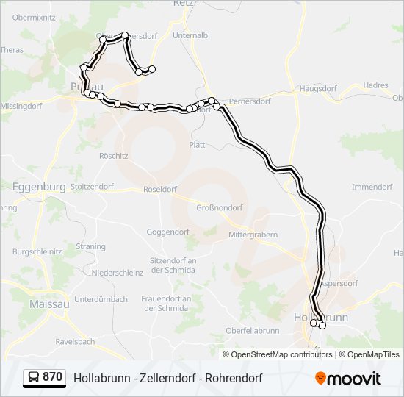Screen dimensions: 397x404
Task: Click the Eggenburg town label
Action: pyautogui.click(x=39, y=187)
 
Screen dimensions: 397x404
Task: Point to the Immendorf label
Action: pyautogui.click(x=372, y=187)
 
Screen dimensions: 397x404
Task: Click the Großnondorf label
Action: pyautogui.click(x=219, y=207)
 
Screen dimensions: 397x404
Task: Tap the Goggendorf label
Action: pyautogui.click(x=167, y=232)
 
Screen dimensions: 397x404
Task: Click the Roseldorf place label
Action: pyautogui.click(x=160, y=189)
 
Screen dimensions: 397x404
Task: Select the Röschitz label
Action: pyautogui.click(x=113, y=156)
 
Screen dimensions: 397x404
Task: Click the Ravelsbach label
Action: pyautogui.click(x=76, y=342)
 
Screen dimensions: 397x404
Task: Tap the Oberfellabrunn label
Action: pyautogui.click(x=252, y=331)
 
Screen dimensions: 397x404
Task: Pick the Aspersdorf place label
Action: pyautogui.click(x=339, y=283)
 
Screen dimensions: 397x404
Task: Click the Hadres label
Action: pyautogui.click(x=375, y=85)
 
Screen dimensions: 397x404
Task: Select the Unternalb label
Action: pyautogui.click(x=190, y=35)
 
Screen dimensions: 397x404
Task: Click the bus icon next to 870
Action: pyautogui.click(x=33, y=377)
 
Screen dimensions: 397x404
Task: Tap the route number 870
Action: pyautogui.click(x=52, y=377)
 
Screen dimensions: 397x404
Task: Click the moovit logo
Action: pyautogui.click(x=348, y=379)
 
